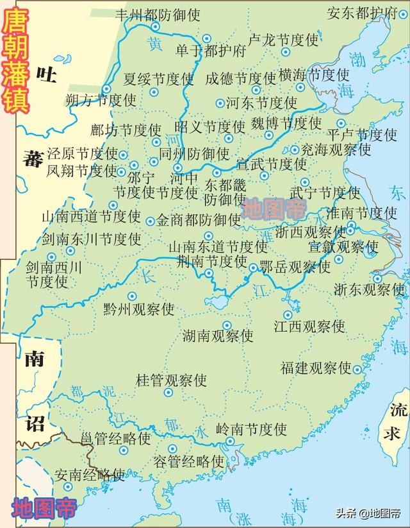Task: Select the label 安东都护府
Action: [x=362, y=13]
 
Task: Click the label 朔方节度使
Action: [x=101, y=100]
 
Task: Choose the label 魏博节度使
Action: [x=286, y=122]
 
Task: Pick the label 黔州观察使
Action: [x=138, y=309]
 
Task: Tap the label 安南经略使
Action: [x=89, y=475]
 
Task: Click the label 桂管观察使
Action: [x=171, y=380]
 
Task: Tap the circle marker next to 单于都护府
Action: [x=206, y=38]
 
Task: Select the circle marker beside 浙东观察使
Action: [x=377, y=278]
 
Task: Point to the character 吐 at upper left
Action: [x=46, y=76]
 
